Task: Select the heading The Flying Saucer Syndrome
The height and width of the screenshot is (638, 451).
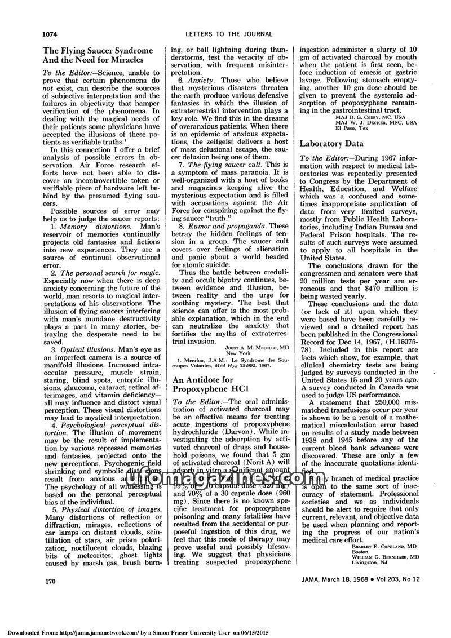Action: (98, 50)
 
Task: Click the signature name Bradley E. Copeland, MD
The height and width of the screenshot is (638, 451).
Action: (381, 546)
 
